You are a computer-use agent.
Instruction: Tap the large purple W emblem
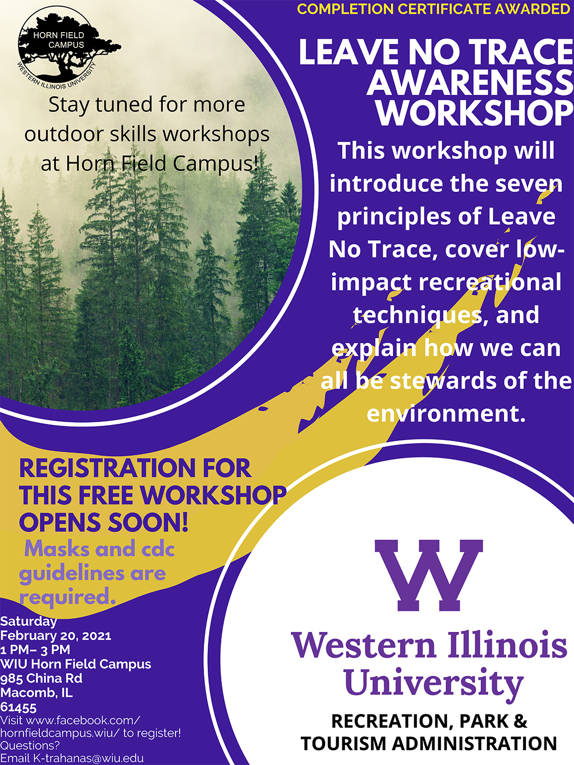pyautogui.click(x=429, y=575)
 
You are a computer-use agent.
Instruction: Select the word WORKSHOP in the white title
pyautogui.click(x=476, y=113)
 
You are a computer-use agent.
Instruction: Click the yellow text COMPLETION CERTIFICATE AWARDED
pyautogui.click(x=433, y=9)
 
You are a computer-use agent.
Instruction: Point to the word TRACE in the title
pyautogui.click(x=514, y=53)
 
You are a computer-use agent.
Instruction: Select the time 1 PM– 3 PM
pyautogui.click(x=35, y=650)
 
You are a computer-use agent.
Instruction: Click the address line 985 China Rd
pyautogui.click(x=41, y=678)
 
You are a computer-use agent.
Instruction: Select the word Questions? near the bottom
pyautogui.click(x=30, y=746)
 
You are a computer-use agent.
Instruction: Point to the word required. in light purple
pyautogui.click(x=67, y=597)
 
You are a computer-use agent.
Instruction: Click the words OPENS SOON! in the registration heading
pyautogui.click(x=104, y=522)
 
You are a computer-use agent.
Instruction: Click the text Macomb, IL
pyautogui.click(x=36, y=693)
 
